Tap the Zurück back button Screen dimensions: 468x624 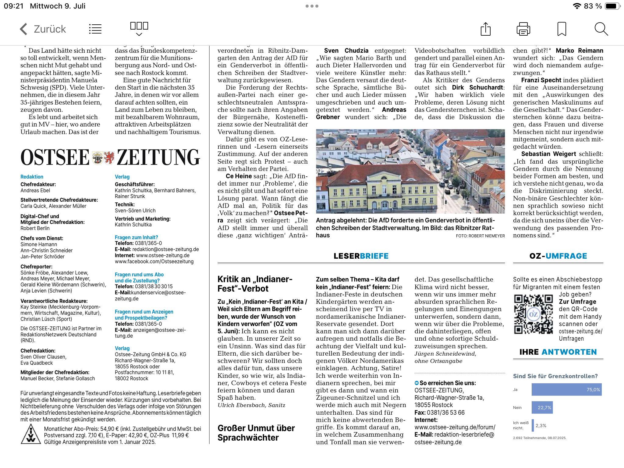click(43, 29)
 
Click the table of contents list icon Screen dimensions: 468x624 click(95, 29)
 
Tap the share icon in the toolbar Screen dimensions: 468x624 click(485, 29)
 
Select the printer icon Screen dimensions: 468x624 click(523, 29)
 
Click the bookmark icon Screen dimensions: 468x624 click(562, 29)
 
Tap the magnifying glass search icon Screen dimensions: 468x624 click(601, 29)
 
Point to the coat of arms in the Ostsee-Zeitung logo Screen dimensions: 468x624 click(103, 158)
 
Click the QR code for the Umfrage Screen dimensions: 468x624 click(534, 314)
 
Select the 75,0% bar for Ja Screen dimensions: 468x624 click(566, 390)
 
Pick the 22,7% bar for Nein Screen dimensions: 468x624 click(542, 408)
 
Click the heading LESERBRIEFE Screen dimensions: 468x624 click(361, 256)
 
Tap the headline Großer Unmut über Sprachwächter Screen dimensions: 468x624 click(256, 433)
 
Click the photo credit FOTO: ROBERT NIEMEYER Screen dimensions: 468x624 click(480, 236)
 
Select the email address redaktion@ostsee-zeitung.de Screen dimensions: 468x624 click(165, 249)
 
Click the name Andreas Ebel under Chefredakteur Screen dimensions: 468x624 click(35, 190)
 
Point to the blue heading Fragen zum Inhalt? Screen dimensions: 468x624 click(136, 237)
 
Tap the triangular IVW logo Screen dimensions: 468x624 click(31, 434)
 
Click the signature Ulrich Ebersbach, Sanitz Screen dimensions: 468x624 click(251, 405)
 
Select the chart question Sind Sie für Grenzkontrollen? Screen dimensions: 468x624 click(555, 376)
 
